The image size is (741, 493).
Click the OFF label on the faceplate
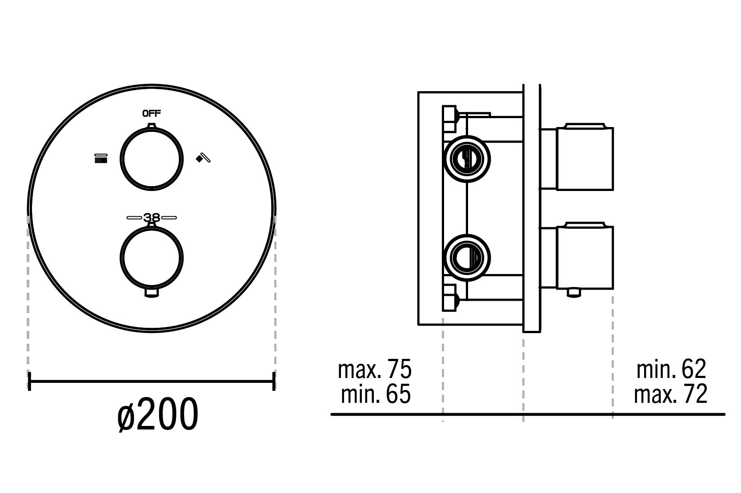152,113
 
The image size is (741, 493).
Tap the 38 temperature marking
152,218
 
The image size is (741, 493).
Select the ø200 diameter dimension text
158,414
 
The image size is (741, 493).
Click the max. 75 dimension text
374,369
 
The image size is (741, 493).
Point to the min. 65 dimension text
376,394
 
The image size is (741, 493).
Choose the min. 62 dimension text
671,369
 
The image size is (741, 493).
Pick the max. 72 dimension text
670,394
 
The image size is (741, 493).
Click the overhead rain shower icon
101,159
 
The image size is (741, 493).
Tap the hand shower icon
203,158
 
